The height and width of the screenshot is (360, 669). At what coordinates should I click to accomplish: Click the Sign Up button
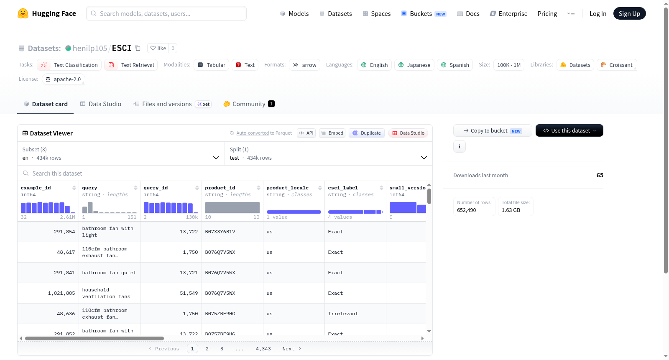[629, 13]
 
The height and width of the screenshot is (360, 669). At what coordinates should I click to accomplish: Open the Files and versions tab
[167, 104]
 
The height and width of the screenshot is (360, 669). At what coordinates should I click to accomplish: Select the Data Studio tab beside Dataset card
[101, 104]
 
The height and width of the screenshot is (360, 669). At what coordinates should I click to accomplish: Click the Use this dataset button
[569, 130]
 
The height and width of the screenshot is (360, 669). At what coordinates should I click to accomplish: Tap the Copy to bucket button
[493, 130]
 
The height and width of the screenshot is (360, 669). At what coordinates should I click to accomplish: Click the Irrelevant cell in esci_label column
[343, 314]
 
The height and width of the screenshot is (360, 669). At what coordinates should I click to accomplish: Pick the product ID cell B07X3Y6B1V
[220, 232]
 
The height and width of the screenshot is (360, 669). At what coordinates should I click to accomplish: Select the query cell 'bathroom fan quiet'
[109, 273]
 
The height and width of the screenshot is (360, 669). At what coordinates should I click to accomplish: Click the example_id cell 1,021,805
[61, 293]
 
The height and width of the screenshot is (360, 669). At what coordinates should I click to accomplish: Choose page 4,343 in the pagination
[263, 349]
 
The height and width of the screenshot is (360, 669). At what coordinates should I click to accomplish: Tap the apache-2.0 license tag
[63, 79]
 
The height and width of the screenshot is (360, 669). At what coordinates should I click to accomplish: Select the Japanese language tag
[414, 65]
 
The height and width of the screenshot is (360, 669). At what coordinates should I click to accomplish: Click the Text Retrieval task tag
[131, 65]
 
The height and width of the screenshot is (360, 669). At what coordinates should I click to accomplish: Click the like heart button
[158, 48]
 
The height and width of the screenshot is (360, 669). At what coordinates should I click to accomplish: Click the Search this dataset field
[225, 173]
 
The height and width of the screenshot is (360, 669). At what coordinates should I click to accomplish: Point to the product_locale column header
[287, 188]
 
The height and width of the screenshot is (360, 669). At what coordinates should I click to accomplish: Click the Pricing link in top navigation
[547, 13]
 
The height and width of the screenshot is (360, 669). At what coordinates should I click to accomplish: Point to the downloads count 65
[600, 175]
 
